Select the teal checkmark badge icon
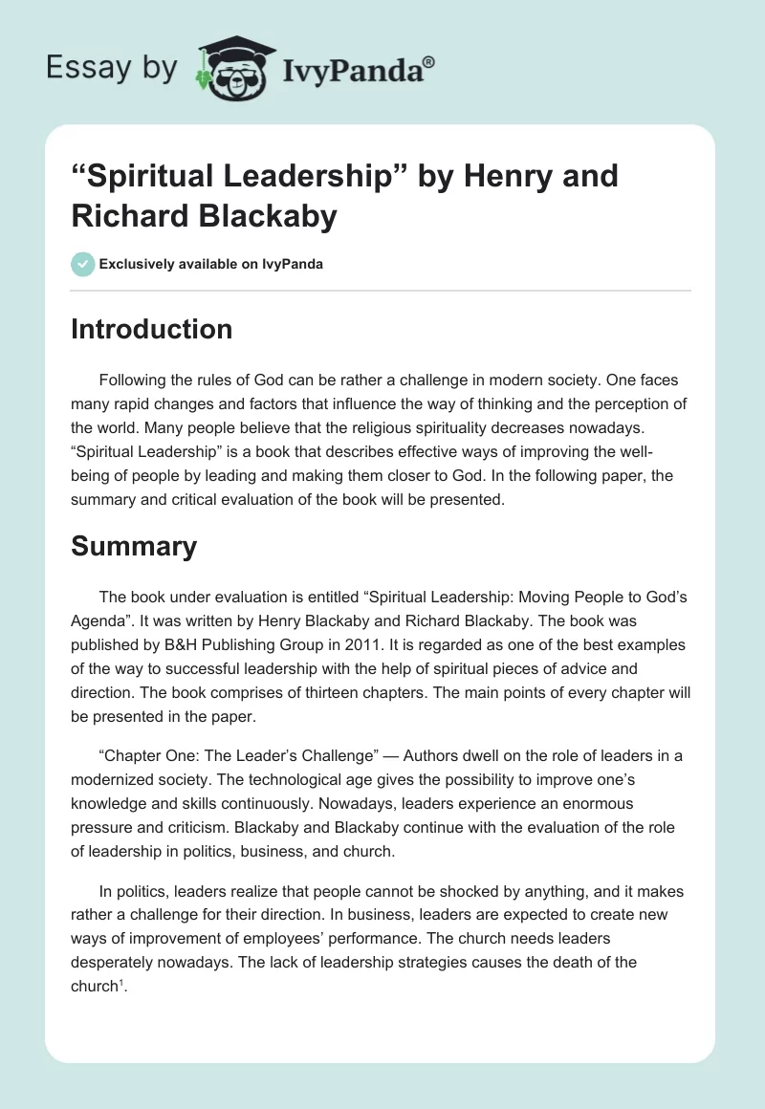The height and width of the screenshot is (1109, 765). tap(82, 264)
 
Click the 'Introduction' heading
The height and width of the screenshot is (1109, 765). tap(152, 329)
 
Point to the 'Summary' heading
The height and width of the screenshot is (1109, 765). tap(134, 546)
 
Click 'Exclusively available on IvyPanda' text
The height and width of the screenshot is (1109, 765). tap(211, 264)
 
